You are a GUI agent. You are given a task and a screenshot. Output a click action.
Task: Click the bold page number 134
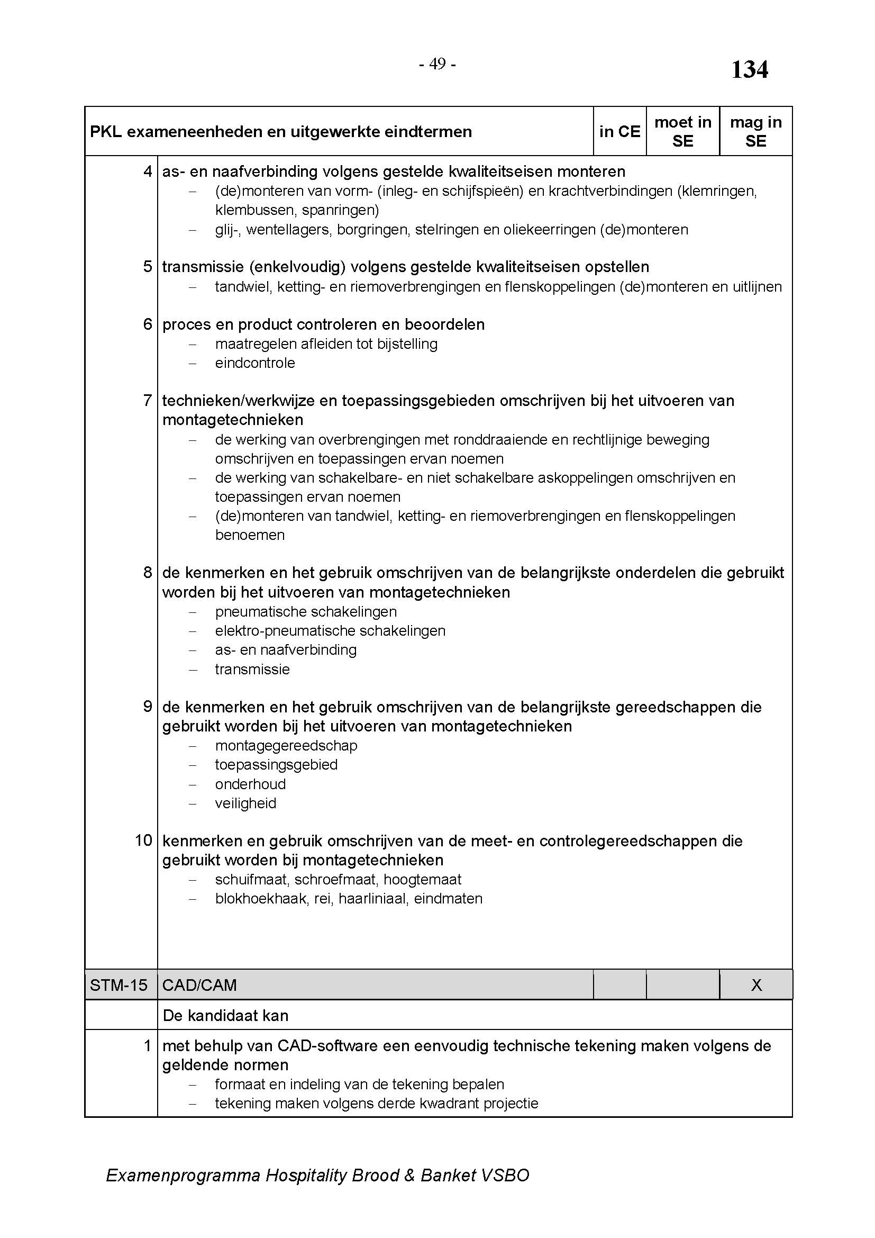749,70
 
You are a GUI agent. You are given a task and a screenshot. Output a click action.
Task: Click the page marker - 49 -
437,64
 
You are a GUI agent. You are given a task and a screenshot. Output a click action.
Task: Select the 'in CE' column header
619,132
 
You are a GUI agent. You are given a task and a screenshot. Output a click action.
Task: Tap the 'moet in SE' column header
682,132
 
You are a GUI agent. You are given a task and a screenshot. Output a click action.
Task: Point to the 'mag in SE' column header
755,132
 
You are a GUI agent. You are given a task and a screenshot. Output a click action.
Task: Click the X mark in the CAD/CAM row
756,985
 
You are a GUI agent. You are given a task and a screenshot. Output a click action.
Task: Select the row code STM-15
119,985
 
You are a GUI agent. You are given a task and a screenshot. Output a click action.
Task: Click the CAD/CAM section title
199,985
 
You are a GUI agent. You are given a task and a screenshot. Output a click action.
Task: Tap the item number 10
144,840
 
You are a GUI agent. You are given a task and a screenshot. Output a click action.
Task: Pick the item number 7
148,400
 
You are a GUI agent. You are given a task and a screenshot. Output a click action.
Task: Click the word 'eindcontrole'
255,363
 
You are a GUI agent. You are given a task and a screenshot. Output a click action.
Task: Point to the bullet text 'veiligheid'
245,803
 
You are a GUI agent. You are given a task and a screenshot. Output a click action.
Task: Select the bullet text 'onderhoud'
251,784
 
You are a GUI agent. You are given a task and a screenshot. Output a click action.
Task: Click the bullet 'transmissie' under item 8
252,669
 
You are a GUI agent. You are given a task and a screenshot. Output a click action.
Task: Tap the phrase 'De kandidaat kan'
225,1016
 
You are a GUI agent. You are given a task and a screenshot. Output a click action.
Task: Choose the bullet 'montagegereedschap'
286,746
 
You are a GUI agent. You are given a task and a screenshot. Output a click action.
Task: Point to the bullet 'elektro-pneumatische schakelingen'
330,631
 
